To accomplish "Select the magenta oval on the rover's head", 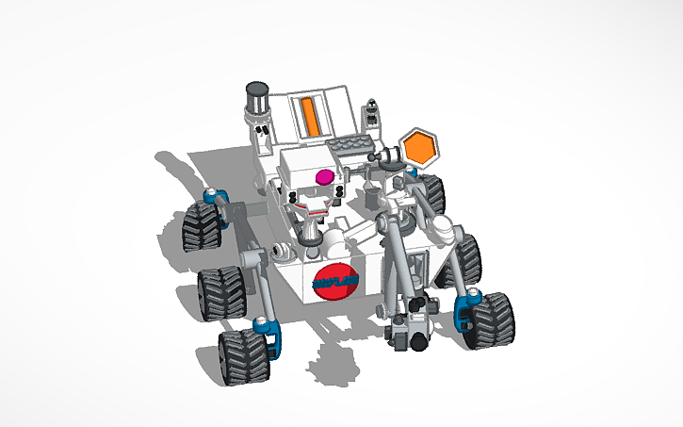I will (x=324, y=175).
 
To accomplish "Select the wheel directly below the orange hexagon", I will (x=431, y=194).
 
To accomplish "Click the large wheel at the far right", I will (x=493, y=321).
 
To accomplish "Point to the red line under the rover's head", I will (x=310, y=202).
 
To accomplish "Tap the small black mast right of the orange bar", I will (x=373, y=114).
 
